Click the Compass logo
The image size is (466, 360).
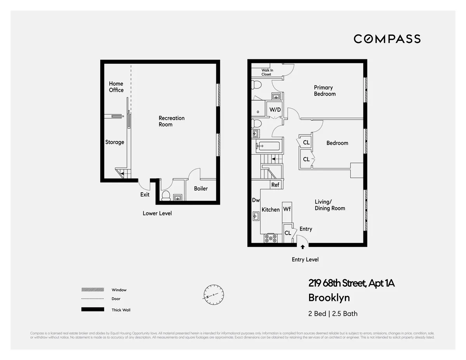tap(387, 39)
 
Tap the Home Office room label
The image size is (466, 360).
tap(116, 87)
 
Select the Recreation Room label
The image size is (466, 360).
tap(171, 121)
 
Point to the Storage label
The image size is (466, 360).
tap(115, 142)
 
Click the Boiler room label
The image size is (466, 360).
tap(201, 189)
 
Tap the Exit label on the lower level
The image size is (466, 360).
tap(145, 195)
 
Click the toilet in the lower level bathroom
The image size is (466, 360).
tap(166, 195)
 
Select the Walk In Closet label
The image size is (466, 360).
tap(266, 72)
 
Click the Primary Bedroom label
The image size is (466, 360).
tap(325, 90)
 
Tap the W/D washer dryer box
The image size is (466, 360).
tap(275, 110)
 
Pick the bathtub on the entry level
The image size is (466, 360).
tap(268, 147)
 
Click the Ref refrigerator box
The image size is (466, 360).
tap(275, 185)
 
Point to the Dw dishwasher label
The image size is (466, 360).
tap(256, 200)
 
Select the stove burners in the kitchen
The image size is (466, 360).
tap(270, 238)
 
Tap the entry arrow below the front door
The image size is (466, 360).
tap(303, 247)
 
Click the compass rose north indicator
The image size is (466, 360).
tap(214, 295)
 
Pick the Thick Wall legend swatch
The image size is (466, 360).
tap(92, 310)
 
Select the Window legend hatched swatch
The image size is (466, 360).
tap(92, 290)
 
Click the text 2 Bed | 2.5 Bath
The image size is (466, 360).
tap(333, 313)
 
